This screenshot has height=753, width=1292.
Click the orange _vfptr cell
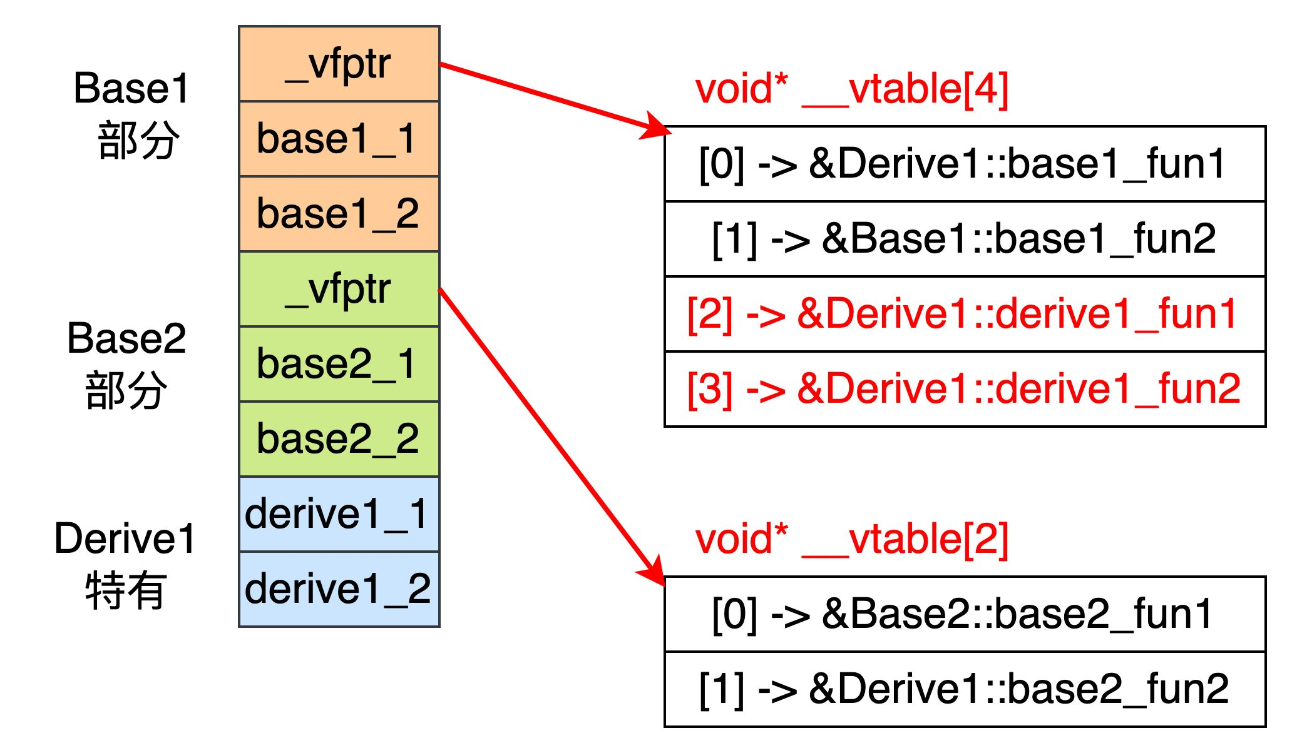point(339,64)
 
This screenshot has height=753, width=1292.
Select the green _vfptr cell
point(339,289)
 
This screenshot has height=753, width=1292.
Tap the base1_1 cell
point(339,139)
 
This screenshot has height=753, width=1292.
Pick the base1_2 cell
point(339,214)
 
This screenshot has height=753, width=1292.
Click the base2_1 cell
point(339,364)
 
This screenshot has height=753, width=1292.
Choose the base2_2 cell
point(339,439)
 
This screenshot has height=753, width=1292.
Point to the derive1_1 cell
point(339,514)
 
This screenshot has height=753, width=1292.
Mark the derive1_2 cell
point(339,589)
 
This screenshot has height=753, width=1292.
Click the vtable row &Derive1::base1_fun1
point(964,164)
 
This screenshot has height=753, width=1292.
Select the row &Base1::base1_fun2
point(964,239)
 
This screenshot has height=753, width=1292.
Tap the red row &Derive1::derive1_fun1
point(964,314)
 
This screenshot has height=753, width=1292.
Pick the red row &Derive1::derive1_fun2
point(964,389)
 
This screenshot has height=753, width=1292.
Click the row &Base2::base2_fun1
point(964,614)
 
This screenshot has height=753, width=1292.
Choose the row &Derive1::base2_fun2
point(964,689)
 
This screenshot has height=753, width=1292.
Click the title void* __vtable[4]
point(851,89)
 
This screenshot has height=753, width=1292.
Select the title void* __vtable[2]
point(851,539)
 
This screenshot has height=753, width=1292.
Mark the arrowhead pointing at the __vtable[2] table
point(654,572)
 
